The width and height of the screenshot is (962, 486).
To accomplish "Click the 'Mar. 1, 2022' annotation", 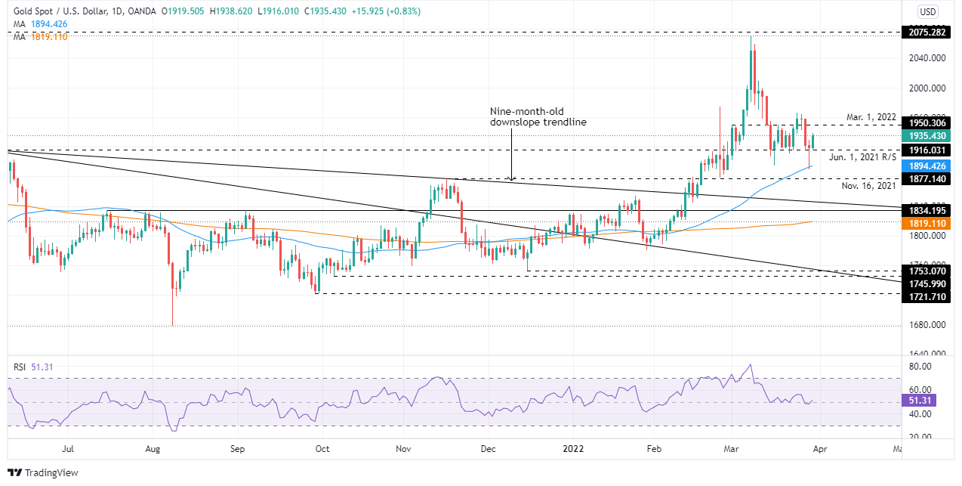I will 871,117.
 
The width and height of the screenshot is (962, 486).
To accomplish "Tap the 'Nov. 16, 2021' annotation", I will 868,184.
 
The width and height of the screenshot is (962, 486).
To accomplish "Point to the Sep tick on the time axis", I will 237,447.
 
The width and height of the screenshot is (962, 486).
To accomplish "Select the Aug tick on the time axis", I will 153,447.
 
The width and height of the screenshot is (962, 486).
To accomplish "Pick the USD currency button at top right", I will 927,11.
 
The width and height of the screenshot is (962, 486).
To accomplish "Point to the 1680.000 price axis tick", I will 927,326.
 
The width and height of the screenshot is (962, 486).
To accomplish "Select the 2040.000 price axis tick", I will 927,58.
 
